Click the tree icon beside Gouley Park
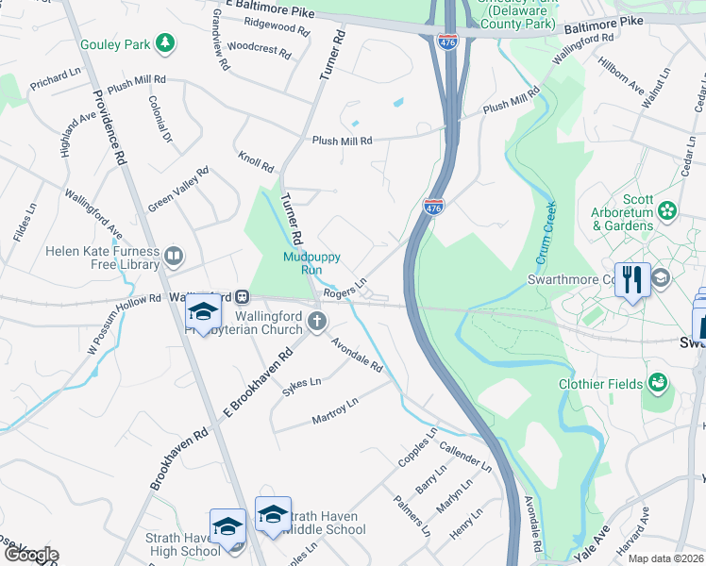165,42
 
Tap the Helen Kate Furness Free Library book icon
173,255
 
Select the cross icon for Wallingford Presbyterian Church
316,324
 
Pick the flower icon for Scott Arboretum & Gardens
668,208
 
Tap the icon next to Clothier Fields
658,383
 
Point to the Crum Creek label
546,230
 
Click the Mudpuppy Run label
311,262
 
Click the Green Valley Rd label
177,191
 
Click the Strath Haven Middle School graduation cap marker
273,514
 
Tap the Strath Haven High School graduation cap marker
227,526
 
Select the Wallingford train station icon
242,296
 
